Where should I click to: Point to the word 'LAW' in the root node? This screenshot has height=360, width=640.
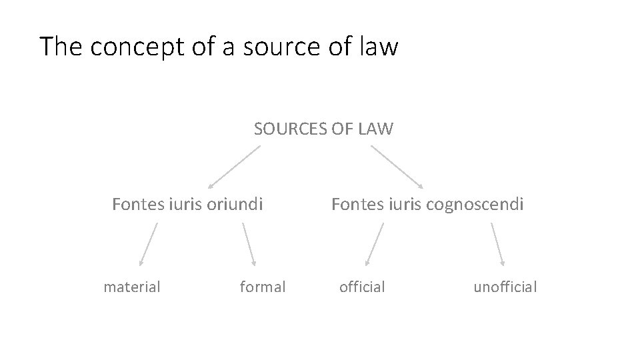pos(376,129)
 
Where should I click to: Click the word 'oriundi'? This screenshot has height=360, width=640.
pos(235,203)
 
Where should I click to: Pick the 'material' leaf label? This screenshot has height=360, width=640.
pos(132,287)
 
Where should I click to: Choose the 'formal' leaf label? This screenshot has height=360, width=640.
pos(263,287)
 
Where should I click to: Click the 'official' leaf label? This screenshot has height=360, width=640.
pos(362,287)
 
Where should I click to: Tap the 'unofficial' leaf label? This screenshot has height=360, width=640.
pos(505,287)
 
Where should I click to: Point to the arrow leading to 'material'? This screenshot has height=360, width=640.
pos(149,245)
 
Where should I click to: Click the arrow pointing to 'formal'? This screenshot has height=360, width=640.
pos(249,245)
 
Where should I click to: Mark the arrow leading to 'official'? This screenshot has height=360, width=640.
pos(375,245)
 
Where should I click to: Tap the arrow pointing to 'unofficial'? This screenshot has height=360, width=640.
pos(498,245)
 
